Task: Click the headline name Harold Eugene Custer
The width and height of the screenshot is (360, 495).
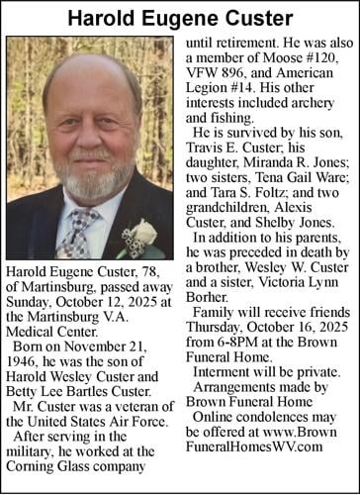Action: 180,19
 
